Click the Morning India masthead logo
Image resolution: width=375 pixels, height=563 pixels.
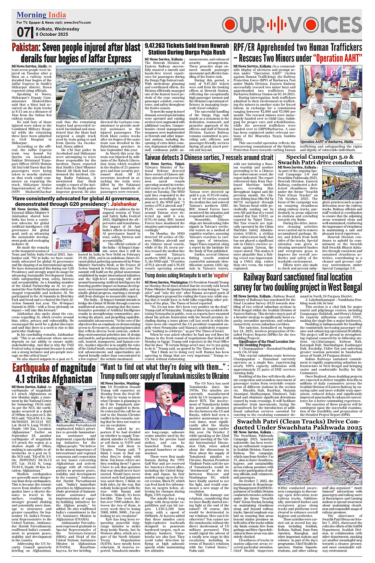pyautogui.click(x=41, y=15)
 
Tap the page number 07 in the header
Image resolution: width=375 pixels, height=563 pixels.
pyautogui.click(x=23, y=32)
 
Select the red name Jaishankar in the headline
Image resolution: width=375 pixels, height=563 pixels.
pyautogui.click(x=124, y=204)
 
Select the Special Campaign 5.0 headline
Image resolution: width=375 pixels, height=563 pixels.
pyautogui.click(x=320, y=159)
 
